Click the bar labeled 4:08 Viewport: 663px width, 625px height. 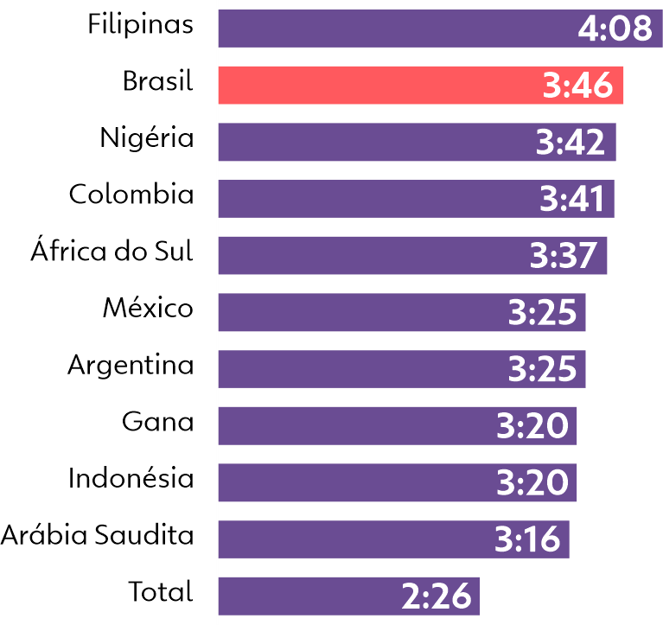coord(389,29)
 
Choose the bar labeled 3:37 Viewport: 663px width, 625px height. coord(363,256)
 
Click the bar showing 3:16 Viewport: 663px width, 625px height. coord(346,539)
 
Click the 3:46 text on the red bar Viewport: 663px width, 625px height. coord(577,86)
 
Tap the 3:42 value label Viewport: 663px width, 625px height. coord(571,143)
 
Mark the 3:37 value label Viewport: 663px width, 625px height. coord(564,256)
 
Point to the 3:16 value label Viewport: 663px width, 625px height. coord(527,539)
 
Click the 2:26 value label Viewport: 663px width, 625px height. coord(437,596)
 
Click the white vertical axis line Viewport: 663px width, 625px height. coord(217,311)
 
